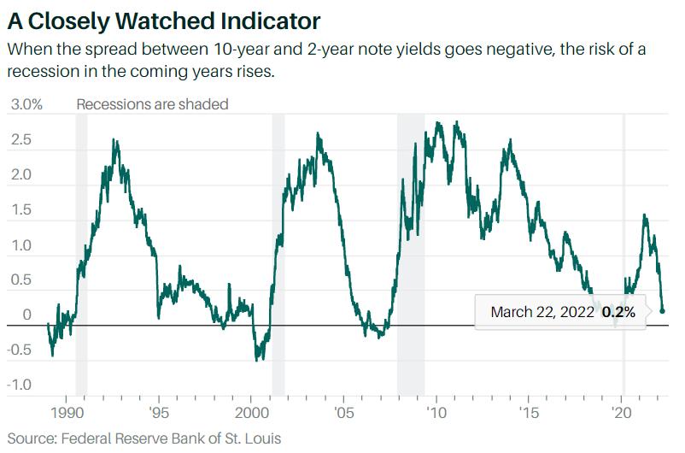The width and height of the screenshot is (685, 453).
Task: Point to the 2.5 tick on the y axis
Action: [x=20, y=139]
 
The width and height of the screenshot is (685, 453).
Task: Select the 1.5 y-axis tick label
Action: [x=20, y=210]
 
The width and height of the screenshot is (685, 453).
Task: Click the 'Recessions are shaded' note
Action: [x=152, y=104]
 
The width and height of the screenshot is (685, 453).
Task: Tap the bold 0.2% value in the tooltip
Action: [x=619, y=312]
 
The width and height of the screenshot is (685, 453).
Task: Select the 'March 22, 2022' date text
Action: [x=542, y=312]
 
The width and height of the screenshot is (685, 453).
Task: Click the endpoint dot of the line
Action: [x=663, y=311]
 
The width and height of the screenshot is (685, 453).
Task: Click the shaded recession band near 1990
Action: [x=82, y=256]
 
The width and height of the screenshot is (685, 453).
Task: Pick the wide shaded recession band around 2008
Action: [x=411, y=256]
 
